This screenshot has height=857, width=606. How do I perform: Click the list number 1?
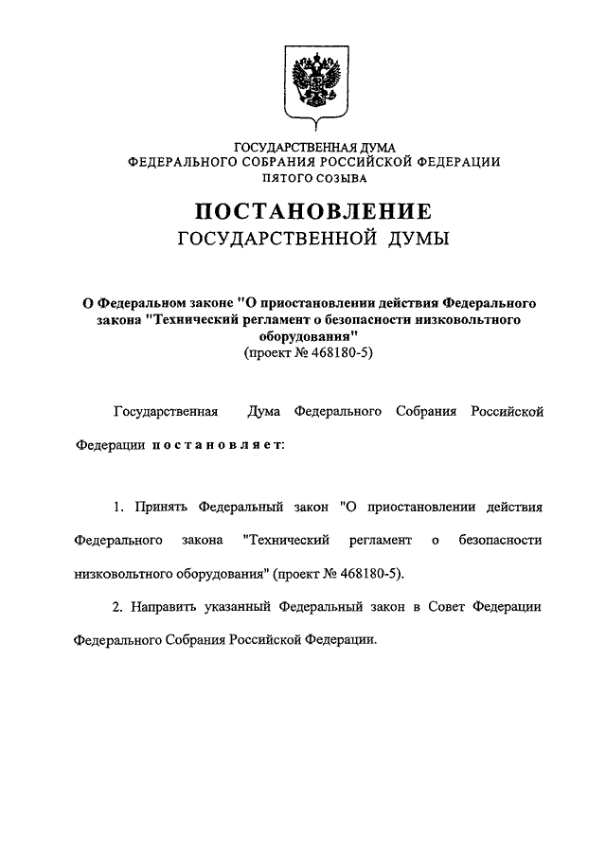click(118, 507)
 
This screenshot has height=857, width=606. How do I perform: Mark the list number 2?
click(118, 604)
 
